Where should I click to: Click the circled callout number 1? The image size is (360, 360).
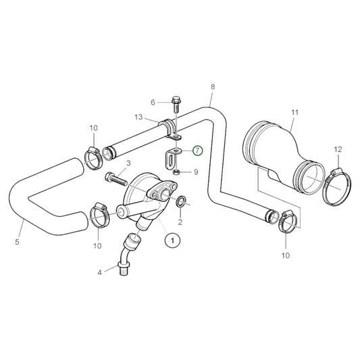172,239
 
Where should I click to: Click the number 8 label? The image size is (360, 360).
213,87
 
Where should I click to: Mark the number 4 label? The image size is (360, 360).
99,273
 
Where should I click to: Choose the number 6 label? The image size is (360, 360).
153,102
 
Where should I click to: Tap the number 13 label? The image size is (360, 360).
138,117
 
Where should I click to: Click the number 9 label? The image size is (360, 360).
195,172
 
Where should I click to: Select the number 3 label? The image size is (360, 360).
128,163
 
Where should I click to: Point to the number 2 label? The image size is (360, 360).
180,222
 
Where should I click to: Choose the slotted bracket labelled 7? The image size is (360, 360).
170,157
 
